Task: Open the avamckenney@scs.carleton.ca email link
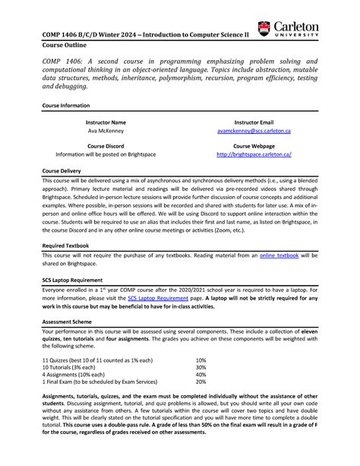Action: [x=254, y=131]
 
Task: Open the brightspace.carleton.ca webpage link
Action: [x=254, y=154]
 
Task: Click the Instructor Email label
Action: [x=254, y=121]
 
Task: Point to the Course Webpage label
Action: [x=254, y=144]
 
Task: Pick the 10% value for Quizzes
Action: [x=201, y=360]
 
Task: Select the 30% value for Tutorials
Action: [x=201, y=368]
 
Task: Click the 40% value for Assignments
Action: [x=201, y=376]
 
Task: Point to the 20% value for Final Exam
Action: [x=201, y=385]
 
